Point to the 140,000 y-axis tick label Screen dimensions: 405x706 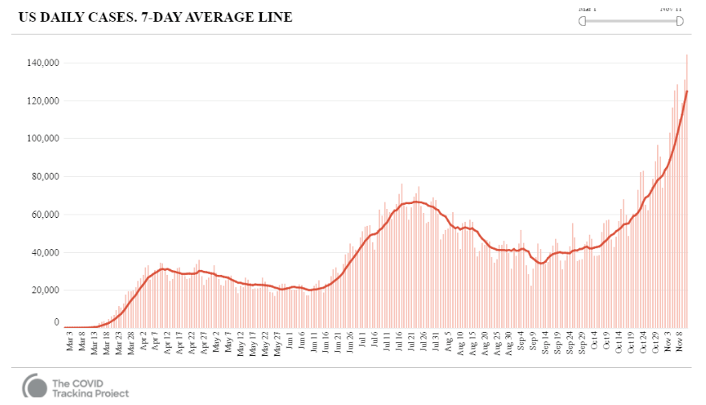[43, 63]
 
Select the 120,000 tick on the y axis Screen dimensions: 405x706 [43, 100]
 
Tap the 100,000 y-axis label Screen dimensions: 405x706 [43, 138]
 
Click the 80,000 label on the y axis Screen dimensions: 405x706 [46, 176]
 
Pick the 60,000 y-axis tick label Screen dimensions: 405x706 [46, 215]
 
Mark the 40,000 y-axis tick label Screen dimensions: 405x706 [46, 252]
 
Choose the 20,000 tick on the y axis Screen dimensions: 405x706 [46, 290]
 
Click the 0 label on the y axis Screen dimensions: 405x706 [56, 322]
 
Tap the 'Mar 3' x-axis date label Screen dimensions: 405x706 [69, 342]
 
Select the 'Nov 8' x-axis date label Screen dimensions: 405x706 [679, 342]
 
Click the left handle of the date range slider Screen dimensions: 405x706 [582, 21]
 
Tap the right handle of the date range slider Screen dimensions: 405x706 [679, 21]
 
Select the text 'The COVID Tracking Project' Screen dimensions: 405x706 [89, 387]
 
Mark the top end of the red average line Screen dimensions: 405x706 [687, 91]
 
